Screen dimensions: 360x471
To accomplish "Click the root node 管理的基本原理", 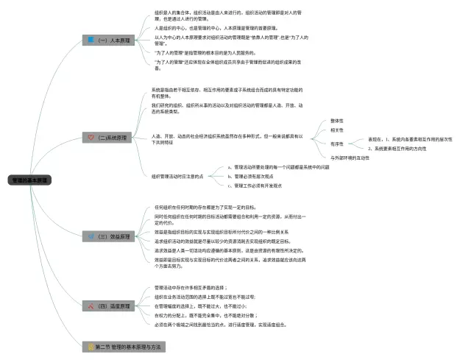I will coord(30,180).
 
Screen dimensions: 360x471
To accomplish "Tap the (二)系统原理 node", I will coord(113,138).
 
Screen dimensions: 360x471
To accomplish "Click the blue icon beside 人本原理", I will coord(91,40).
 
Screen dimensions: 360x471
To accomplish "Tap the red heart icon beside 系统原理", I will coord(91,138).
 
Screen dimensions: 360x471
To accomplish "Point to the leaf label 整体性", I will coord(337,121).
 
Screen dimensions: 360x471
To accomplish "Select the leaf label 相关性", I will coord(337,131).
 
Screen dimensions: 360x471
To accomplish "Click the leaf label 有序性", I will coord(337,144).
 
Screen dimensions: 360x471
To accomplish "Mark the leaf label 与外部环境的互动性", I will coord(350,158).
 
